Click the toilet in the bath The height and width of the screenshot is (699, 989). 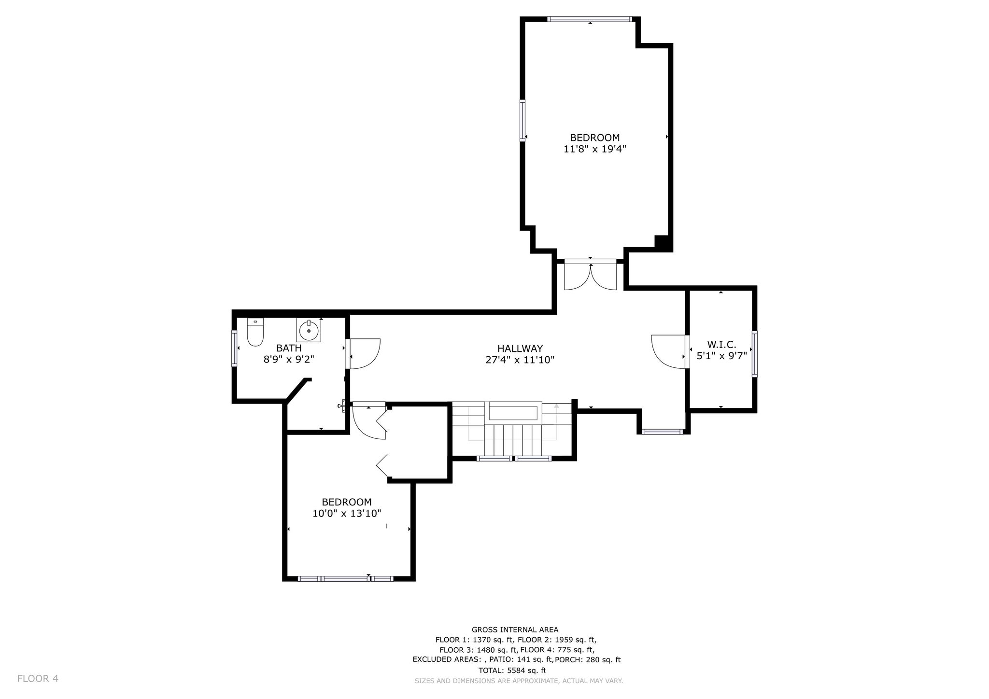coord(255,332)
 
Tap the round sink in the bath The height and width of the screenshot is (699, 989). coord(309,331)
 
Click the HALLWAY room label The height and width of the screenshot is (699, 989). coord(520,348)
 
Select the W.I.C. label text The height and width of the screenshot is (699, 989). coord(721,345)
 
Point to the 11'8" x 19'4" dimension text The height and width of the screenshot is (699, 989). coord(595,149)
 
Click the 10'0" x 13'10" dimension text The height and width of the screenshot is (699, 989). coord(347,513)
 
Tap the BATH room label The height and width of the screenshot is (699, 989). coord(289,348)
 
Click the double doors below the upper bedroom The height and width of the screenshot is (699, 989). coord(591,275)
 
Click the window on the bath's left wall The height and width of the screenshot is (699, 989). coord(234,348)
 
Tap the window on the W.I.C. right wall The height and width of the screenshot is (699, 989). coord(754,354)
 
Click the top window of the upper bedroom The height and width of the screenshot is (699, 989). coord(589,19)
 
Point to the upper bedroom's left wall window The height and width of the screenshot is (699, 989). coord(523,120)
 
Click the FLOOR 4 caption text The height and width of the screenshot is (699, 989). coord(38,679)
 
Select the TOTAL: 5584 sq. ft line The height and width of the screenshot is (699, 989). coord(512,670)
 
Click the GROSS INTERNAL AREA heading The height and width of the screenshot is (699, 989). coord(515,629)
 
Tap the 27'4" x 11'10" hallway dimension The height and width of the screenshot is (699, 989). coord(520,360)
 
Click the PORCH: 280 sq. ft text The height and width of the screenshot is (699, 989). coord(588,659)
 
